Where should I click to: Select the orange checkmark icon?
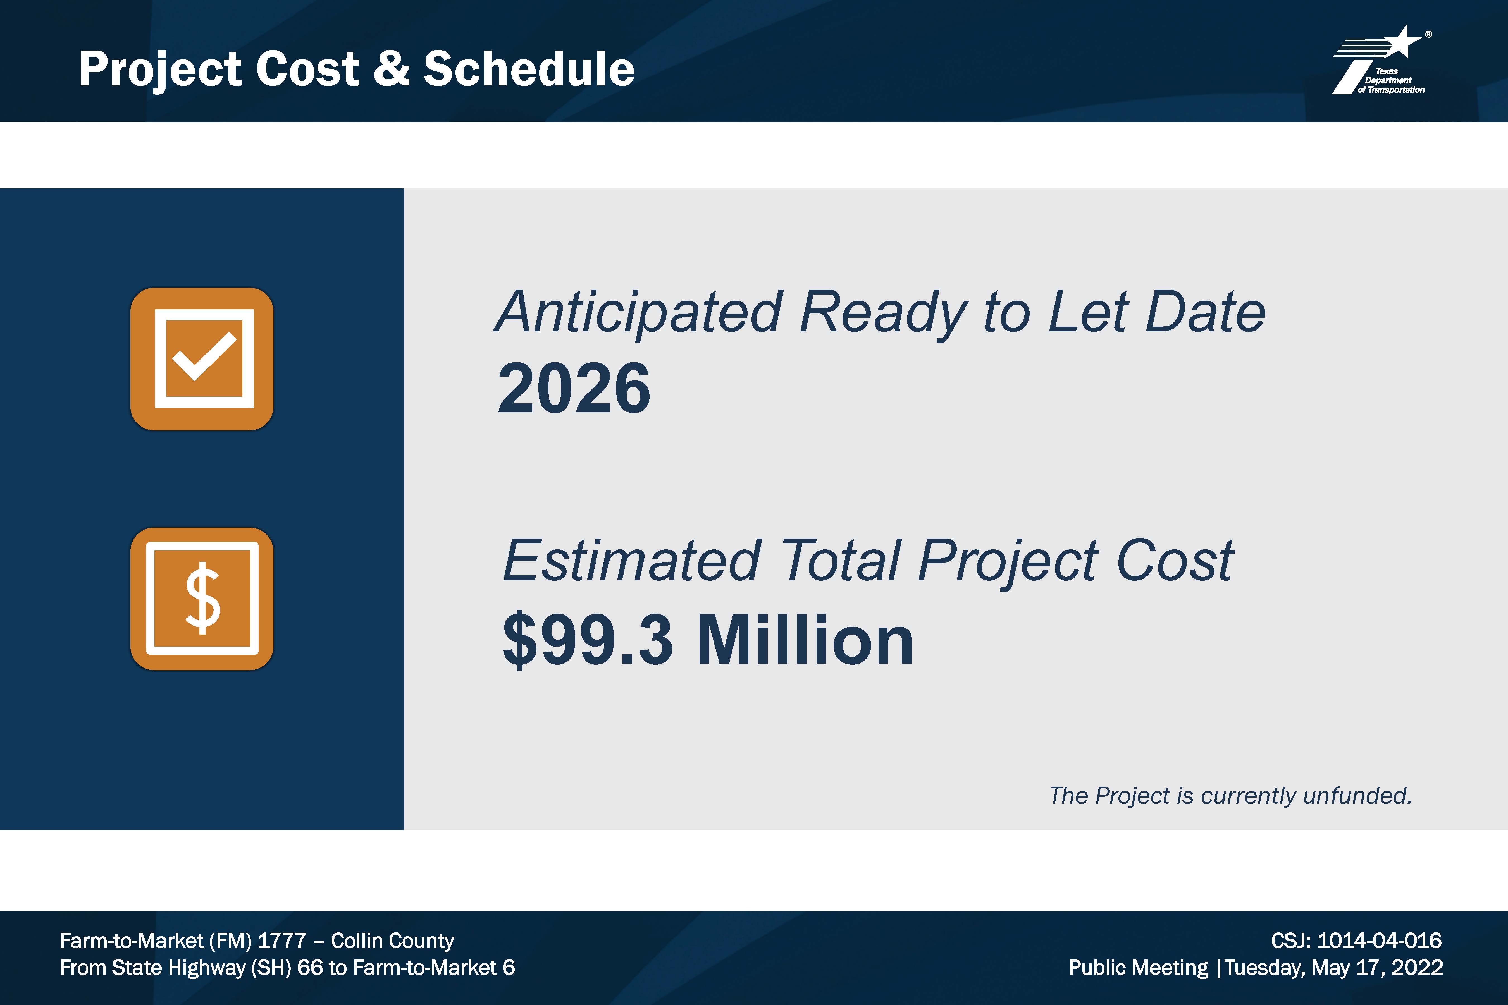pos(202,359)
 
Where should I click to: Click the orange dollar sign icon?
pos(202,599)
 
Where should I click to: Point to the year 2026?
pos(574,388)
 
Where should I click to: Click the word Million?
pos(805,640)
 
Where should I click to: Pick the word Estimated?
pos(631,561)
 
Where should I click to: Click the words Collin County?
pos(392,941)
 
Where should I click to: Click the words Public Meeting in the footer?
pos(1138,968)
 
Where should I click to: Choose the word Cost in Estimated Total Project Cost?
pos(1175,561)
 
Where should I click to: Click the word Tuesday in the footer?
pos(1264,968)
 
